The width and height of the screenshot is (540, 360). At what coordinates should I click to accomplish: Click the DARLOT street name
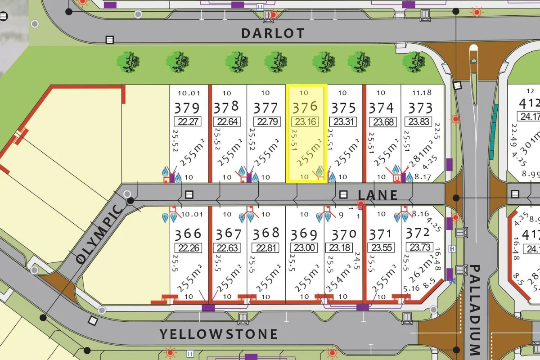click(x=273, y=33)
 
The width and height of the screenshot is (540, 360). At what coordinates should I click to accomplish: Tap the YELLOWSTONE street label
click(x=219, y=334)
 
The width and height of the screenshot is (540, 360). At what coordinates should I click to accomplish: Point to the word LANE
click(x=378, y=195)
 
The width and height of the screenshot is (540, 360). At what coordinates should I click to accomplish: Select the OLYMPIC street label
click(x=100, y=234)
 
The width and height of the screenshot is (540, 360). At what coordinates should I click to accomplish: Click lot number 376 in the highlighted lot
click(x=305, y=107)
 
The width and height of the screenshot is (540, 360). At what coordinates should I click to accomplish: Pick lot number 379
click(x=187, y=108)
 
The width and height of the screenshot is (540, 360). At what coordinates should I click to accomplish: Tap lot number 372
click(x=418, y=233)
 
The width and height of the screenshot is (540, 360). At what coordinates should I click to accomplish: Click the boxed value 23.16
click(x=305, y=121)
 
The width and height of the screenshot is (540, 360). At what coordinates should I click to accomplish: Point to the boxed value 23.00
click(x=305, y=247)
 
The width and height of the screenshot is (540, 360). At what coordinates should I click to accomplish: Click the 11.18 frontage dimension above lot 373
click(x=421, y=93)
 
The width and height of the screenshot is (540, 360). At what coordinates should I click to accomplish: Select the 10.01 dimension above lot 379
click(x=188, y=93)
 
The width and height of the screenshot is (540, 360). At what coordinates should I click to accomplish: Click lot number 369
click(x=304, y=234)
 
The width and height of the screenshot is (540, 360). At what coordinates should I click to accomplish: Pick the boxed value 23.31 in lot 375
click(x=343, y=121)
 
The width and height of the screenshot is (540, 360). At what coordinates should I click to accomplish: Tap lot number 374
click(x=381, y=108)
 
